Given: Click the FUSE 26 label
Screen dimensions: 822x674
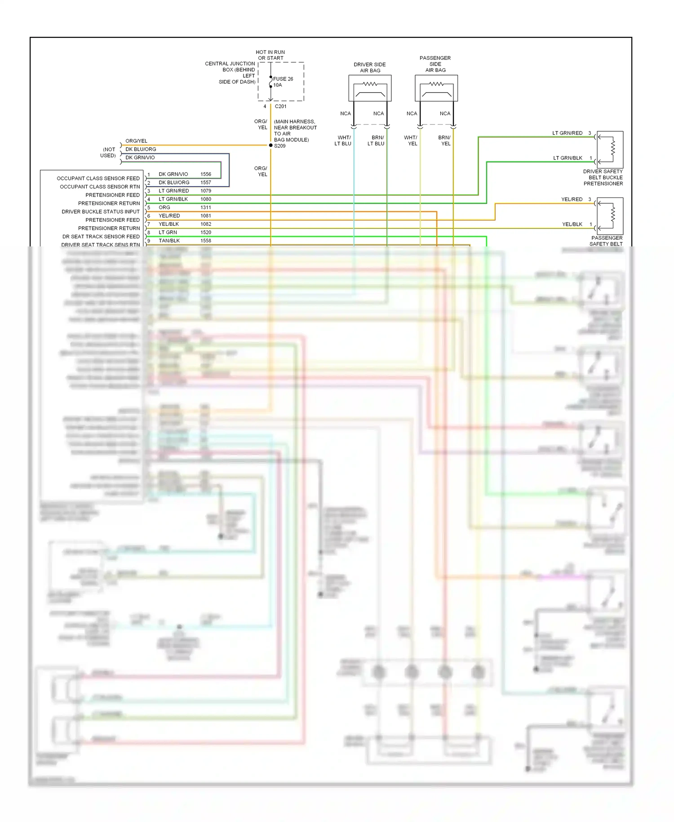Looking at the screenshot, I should (x=283, y=79).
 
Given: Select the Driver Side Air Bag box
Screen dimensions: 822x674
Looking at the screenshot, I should (x=370, y=88).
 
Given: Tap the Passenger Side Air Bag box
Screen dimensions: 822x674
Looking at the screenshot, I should (x=436, y=88).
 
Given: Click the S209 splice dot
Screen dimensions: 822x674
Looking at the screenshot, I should (x=270, y=145).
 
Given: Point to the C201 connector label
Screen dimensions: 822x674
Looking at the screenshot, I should (x=280, y=107).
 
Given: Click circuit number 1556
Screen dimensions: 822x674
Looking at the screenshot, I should (x=206, y=174).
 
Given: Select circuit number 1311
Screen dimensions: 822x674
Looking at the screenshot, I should (x=206, y=207).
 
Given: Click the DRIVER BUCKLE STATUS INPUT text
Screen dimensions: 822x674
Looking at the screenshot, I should (x=101, y=211).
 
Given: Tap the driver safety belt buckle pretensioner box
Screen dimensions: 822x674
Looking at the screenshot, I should (x=610, y=149).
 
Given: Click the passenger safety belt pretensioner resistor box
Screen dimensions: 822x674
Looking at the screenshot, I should (x=610, y=216).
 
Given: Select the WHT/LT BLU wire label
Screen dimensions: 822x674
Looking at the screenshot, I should (x=343, y=141).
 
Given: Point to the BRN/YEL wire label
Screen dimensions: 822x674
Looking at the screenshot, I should (x=445, y=141).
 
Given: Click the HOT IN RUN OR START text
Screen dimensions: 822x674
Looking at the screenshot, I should (x=270, y=55).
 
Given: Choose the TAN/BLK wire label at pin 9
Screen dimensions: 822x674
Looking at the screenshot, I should (x=169, y=241).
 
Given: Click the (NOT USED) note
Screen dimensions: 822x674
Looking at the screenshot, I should (x=108, y=152).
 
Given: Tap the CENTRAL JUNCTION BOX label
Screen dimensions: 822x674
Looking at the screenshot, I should (x=230, y=72).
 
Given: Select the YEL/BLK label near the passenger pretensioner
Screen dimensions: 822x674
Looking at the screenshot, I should (x=572, y=224).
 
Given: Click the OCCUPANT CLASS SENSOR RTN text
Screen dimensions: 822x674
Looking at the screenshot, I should (x=100, y=187).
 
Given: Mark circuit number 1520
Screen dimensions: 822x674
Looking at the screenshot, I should (x=206, y=232).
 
